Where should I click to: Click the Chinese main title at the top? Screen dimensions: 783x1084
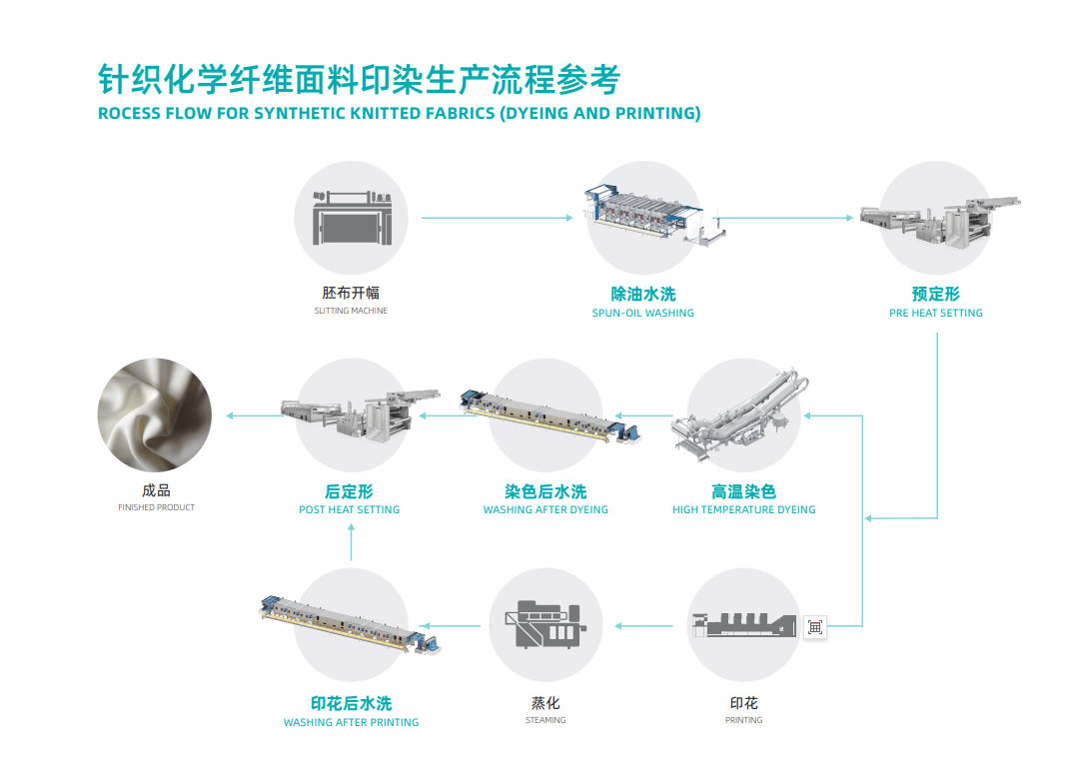coord(359,78)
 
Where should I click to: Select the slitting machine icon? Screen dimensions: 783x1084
coord(351,217)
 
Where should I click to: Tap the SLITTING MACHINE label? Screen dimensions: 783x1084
coord(351,312)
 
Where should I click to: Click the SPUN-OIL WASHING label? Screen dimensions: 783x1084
coord(642,313)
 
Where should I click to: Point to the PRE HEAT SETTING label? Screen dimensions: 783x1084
coord(936,313)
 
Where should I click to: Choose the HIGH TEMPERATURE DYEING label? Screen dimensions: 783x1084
coord(743,510)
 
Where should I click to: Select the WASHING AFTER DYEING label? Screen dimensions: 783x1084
coord(545,510)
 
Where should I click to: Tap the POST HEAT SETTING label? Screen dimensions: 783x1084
coord(349,510)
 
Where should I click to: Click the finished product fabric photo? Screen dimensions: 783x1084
coord(155,414)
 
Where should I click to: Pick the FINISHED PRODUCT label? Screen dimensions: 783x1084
coord(156,508)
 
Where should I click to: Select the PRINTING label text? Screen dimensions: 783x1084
coord(743,720)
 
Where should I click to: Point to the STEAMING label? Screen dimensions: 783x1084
coord(545,720)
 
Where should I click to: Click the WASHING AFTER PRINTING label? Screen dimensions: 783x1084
coord(351,722)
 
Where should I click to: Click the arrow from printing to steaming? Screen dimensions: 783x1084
coord(645,626)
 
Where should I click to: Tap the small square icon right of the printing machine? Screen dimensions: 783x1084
coord(815,626)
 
